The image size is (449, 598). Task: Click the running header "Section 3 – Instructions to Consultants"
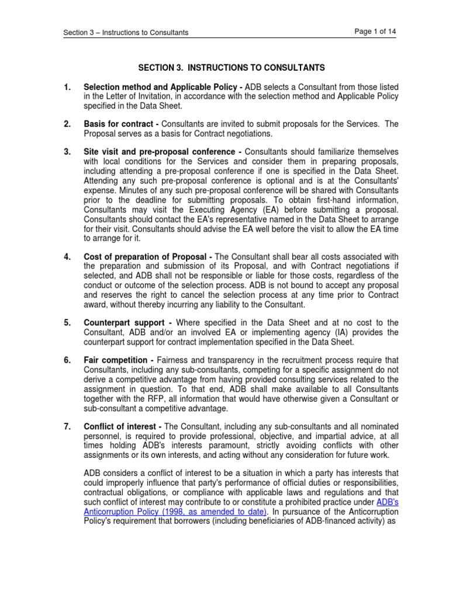click(126, 33)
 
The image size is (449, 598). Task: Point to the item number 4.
click(67, 258)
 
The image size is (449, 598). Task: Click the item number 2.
click(67, 124)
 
